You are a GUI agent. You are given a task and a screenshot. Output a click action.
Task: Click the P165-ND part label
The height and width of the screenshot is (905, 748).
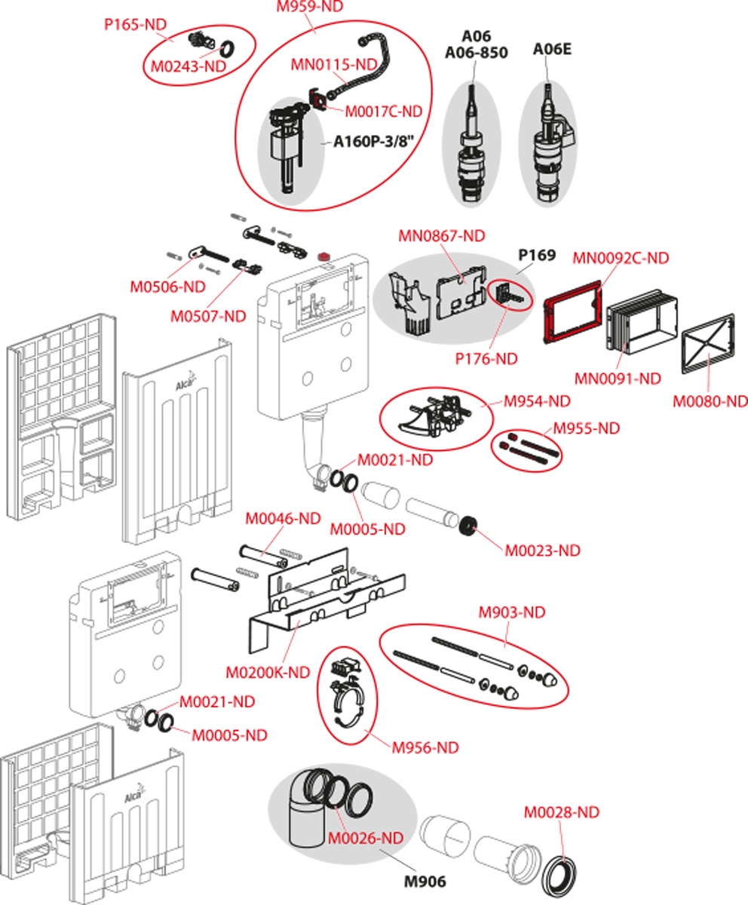(x=134, y=24)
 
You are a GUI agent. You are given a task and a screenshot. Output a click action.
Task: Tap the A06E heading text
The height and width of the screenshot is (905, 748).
(x=552, y=50)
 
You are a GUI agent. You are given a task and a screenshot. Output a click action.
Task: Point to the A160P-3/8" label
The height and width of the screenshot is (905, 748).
(x=375, y=142)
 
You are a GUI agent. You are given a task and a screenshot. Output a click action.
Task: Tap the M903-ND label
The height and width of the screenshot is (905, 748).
(x=512, y=612)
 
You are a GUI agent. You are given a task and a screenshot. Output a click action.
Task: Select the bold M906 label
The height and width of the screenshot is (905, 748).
(x=425, y=881)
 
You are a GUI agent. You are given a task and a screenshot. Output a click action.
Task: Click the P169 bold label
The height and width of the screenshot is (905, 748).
(x=537, y=255)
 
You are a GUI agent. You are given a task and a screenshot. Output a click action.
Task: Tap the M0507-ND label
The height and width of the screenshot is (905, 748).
(x=209, y=317)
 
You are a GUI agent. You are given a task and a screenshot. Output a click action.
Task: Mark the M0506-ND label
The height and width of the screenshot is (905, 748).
(x=167, y=287)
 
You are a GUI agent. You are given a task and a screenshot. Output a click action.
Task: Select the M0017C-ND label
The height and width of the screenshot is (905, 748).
(x=383, y=112)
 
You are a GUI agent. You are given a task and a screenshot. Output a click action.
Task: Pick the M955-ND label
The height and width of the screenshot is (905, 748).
(x=586, y=428)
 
